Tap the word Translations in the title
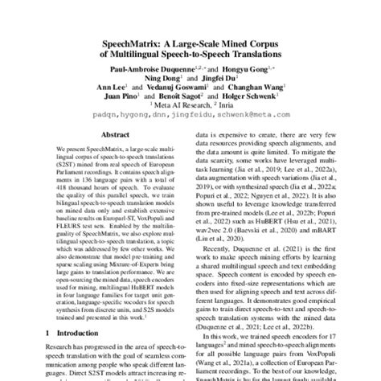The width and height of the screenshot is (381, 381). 248,53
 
